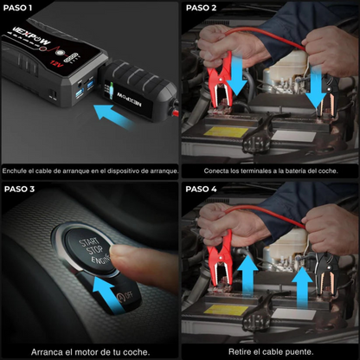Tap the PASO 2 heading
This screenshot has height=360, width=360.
point(202,8)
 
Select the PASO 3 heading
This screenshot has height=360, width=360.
point(20,189)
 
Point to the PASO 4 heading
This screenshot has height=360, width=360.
point(202,189)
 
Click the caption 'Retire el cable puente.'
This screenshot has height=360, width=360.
point(269,351)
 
